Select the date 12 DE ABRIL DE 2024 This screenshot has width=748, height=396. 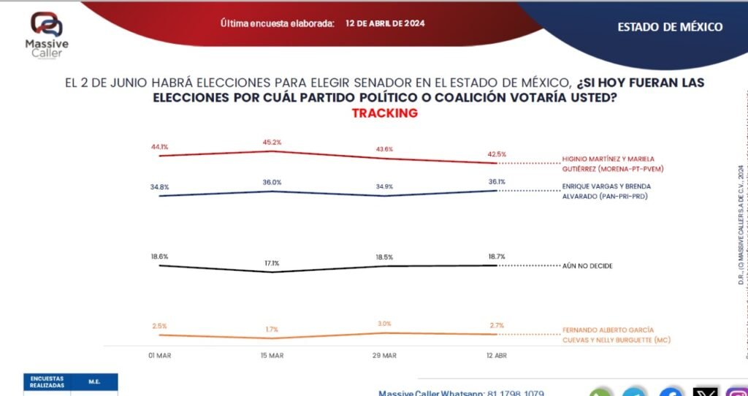385,23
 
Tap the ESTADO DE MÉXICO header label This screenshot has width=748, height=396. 670,27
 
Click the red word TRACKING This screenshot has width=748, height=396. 384,113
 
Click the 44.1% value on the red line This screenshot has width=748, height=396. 159,147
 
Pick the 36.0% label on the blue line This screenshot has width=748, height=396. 272,183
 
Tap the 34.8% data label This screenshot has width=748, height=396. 159,187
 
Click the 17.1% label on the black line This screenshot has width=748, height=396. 272,262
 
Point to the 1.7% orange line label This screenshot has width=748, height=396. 272,329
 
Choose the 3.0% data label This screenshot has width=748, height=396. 384,324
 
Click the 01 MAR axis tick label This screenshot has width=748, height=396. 159,355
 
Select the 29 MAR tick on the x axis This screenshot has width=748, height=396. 384,355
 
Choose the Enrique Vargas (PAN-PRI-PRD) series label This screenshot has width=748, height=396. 617,191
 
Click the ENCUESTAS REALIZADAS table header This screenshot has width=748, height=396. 47,381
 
